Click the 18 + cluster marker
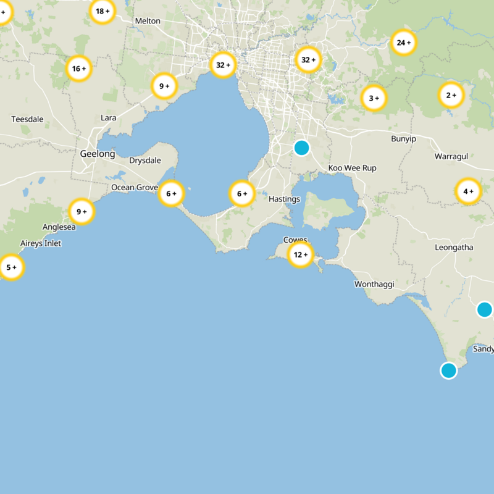point(103,11)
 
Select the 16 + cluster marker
point(79,69)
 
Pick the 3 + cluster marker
point(374,98)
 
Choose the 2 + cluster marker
point(451,95)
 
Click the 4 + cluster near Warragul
point(468,191)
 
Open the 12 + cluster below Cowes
point(301,254)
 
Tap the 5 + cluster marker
point(11,267)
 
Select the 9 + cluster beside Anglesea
point(82,212)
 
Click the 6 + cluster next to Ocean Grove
point(171,194)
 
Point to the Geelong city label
point(97,154)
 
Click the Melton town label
point(148,21)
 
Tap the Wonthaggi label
point(374,284)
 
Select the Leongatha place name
point(454,248)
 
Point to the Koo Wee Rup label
point(352,168)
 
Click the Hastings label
point(284,199)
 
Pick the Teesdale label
point(27,119)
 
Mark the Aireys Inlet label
point(41,243)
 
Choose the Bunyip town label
point(403,139)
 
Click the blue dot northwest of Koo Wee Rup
point(301,148)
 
